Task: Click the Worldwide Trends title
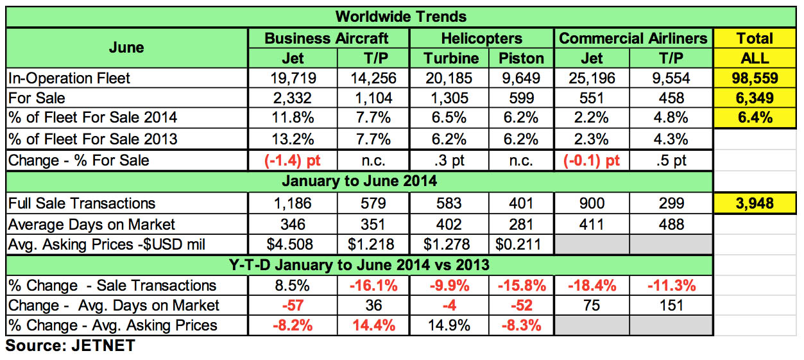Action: [x=401, y=16]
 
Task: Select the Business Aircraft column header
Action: [x=327, y=38]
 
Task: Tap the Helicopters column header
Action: [x=482, y=38]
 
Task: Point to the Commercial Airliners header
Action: [x=633, y=38]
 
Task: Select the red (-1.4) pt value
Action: [x=293, y=160]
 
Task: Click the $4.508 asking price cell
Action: [x=293, y=244]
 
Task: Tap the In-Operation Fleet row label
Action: [x=69, y=79]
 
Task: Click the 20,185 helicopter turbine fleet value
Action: [x=451, y=79]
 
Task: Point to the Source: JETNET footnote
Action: [x=70, y=346]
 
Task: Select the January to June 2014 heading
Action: [x=359, y=181]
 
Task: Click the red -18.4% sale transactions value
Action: [x=592, y=285]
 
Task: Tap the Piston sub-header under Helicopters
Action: [x=521, y=58]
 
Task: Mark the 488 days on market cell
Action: [x=672, y=224]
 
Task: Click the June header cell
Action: [x=126, y=47]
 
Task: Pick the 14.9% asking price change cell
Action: [x=451, y=325]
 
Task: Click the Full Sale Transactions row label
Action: [x=81, y=203]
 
